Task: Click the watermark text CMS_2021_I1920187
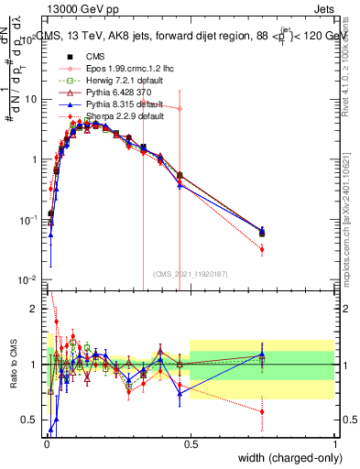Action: click(x=191, y=273)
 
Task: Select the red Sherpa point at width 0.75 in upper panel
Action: click(x=262, y=249)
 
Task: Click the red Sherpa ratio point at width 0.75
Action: click(x=262, y=411)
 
